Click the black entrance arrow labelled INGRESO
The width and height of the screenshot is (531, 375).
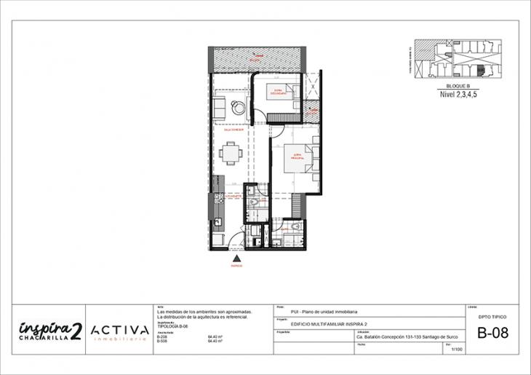click(x=236, y=258)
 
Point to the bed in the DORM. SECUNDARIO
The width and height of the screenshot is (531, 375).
click(x=282, y=95)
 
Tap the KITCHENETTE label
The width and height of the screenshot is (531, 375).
click(x=233, y=196)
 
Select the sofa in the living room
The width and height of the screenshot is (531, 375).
click(x=218, y=108)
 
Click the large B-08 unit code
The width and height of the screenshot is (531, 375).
click(x=492, y=334)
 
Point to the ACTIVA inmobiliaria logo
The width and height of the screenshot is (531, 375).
click(x=120, y=331)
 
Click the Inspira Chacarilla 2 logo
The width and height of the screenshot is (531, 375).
click(x=49, y=330)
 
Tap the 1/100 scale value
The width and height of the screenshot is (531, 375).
click(x=456, y=350)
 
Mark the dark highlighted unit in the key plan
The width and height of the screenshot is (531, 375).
click(x=480, y=70)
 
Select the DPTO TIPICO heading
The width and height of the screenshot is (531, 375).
click(x=492, y=317)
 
